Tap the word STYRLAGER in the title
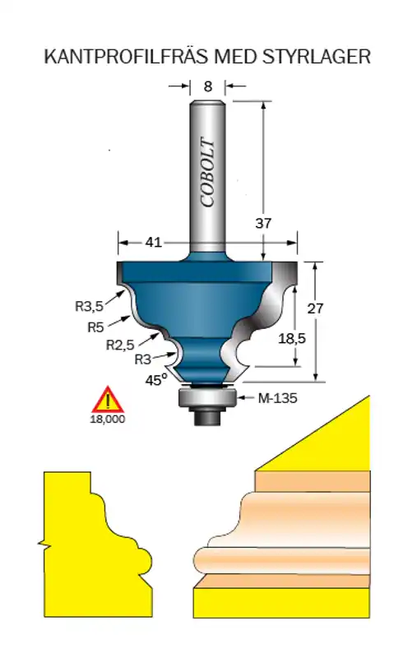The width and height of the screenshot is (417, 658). point(317,57)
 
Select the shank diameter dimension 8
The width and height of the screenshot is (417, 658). point(207,86)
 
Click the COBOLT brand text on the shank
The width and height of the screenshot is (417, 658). point(207,172)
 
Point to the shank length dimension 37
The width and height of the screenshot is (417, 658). point(263,223)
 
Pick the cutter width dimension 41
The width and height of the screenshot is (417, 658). point(153,242)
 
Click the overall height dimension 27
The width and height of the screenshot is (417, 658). point(316,308)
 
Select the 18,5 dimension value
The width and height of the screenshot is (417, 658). point(292,338)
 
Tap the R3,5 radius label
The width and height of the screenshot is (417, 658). point(89,306)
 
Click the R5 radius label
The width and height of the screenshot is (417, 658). point(95,327)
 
